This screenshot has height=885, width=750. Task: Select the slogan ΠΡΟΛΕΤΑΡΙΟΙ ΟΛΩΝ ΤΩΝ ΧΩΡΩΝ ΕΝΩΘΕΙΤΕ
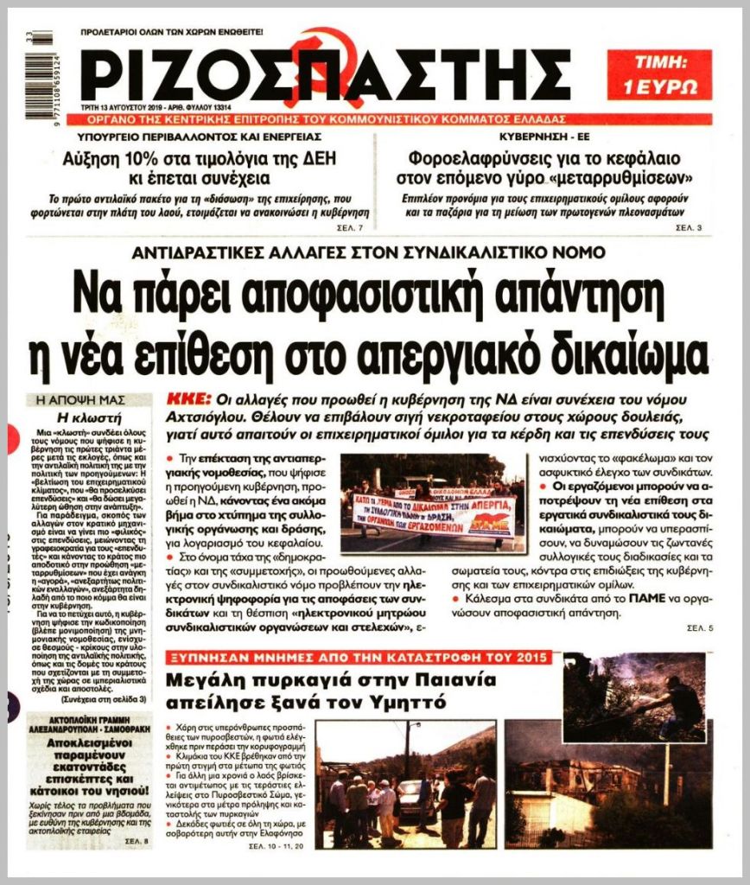point(171,32)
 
